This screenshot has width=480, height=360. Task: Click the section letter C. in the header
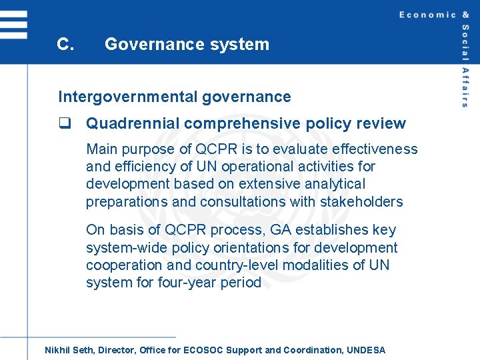click(x=65, y=45)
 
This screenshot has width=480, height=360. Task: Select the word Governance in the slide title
click(x=147, y=45)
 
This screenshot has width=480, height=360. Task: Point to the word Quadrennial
click(x=133, y=123)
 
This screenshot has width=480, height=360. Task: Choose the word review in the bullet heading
click(x=381, y=123)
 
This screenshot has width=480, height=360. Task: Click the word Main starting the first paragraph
click(x=102, y=149)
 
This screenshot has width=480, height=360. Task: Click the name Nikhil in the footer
click(x=59, y=350)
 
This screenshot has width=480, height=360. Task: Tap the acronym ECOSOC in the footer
click(x=204, y=350)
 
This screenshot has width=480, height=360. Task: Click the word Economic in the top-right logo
click(x=427, y=15)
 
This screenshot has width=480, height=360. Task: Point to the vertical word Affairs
click(x=465, y=87)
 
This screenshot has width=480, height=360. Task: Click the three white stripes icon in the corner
click(x=14, y=24)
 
